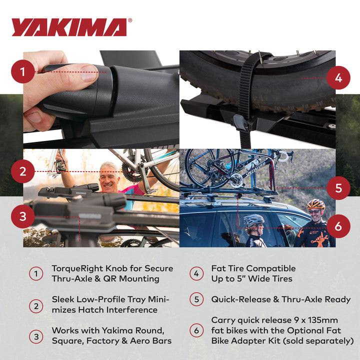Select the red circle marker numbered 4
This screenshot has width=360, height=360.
pos(338,78)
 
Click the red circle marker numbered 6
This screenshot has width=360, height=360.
pos(338,226)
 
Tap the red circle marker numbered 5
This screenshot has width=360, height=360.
pos(338,188)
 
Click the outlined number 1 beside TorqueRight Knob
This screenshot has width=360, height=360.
pos(36,273)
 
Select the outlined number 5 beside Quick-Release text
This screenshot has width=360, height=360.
pos(196,299)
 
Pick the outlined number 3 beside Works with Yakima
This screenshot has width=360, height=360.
pos(36,336)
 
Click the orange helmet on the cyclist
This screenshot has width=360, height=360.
pos(315,204)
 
